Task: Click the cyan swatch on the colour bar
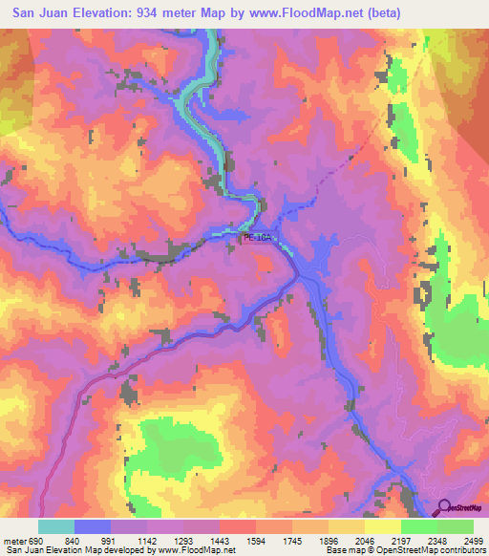(56, 526)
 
